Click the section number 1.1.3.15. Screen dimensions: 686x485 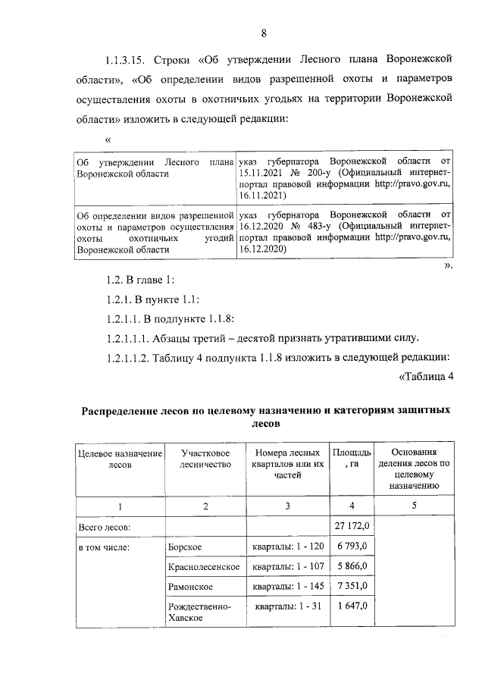pos(126,60)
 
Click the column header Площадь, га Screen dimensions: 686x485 pos(351,459)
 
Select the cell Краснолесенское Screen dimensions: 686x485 pos(204,566)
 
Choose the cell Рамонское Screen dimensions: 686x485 pos(192,586)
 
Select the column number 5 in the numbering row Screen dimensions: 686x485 pos(414,505)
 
